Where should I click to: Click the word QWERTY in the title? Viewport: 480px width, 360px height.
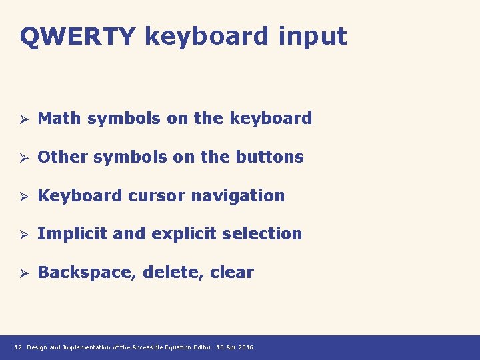click(x=77, y=37)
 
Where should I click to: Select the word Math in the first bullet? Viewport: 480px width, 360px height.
click(x=60, y=119)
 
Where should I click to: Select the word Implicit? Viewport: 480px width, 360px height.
click(x=73, y=234)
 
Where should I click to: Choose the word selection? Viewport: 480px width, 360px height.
click(x=262, y=234)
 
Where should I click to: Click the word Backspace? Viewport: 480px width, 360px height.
click(x=87, y=273)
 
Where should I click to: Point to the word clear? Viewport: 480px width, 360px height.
click(x=232, y=273)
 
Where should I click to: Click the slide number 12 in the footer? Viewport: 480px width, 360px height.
click(x=18, y=347)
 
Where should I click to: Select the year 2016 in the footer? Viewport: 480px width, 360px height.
click(x=246, y=347)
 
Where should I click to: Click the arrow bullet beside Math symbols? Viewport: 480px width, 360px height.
click(x=22, y=119)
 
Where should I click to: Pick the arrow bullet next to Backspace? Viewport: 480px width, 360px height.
click(x=22, y=273)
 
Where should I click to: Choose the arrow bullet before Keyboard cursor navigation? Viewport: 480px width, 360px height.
click(x=22, y=197)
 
